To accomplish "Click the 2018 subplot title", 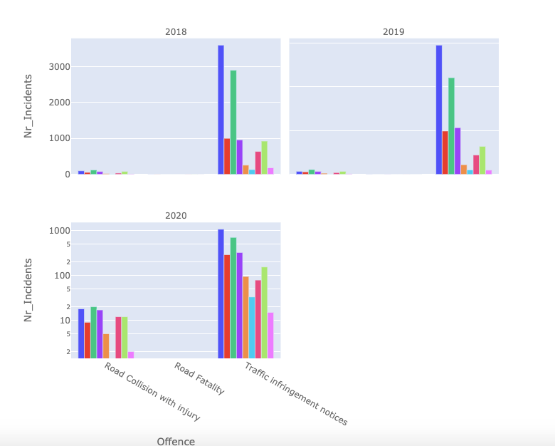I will click(x=176, y=32).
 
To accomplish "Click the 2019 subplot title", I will click(x=393, y=32).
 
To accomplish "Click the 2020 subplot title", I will click(x=176, y=215).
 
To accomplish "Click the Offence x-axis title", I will click(x=176, y=442).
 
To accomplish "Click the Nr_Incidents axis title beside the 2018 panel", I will click(x=28, y=105).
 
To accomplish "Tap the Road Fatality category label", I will click(x=199, y=378).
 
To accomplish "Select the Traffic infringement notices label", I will click(x=296, y=394).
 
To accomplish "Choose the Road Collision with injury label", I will click(x=152, y=392).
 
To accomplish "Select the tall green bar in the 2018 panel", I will click(x=233, y=122).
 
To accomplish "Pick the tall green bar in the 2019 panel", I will click(x=451, y=125).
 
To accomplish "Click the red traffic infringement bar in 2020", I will click(x=227, y=306).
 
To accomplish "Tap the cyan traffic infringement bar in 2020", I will click(x=252, y=327).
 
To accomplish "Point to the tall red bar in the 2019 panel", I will click(x=445, y=152).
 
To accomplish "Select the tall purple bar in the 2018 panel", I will click(x=240, y=157).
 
